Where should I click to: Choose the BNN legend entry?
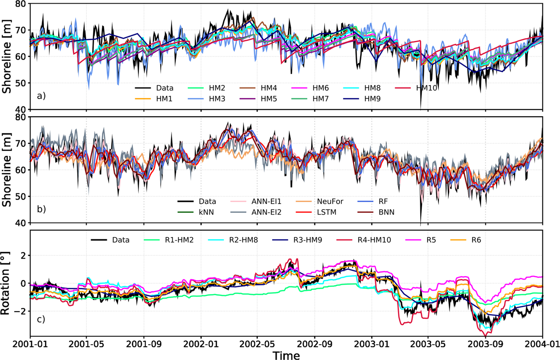[x=385, y=212]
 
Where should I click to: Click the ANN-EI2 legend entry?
[x=260, y=212]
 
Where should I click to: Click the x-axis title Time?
[x=286, y=355]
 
